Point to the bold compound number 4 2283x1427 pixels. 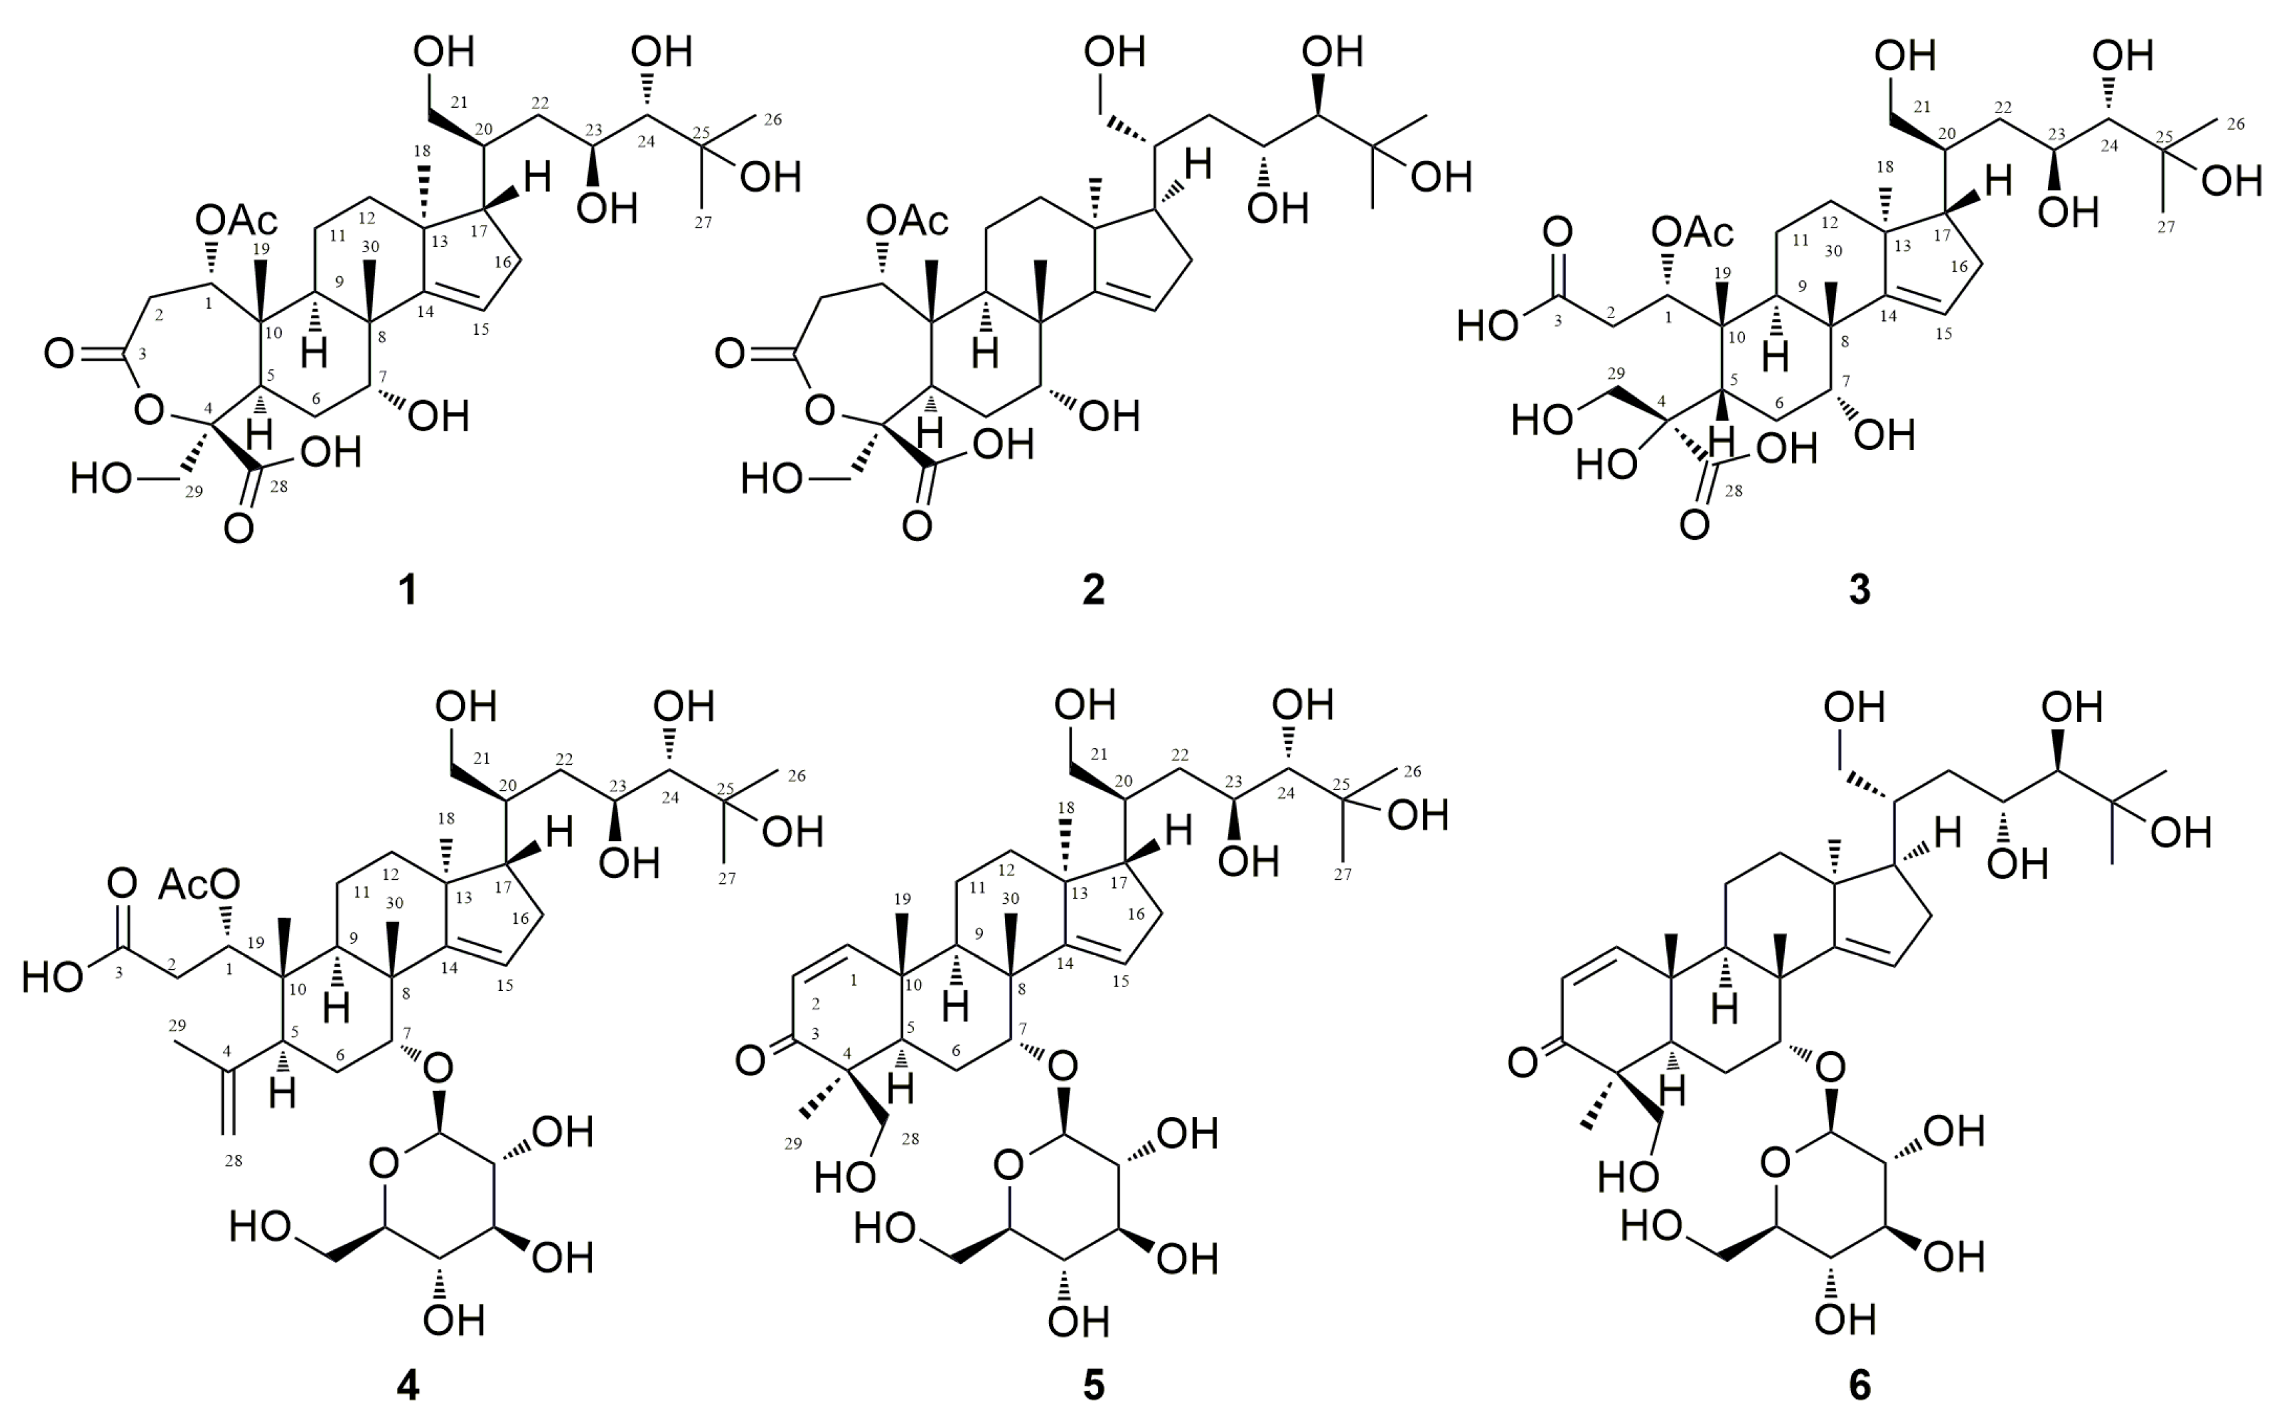tap(407, 1384)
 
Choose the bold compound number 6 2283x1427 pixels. tap(1858, 1384)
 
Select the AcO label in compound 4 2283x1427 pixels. tap(199, 885)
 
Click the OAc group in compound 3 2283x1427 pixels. tap(1693, 231)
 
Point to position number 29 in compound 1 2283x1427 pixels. tap(194, 492)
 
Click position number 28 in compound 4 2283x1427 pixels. tap(233, 1161)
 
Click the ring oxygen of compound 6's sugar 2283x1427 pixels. tap(1775, 1163)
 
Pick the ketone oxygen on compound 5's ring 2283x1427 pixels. tap(750, 1061)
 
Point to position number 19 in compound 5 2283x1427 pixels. tap(902, 898)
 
